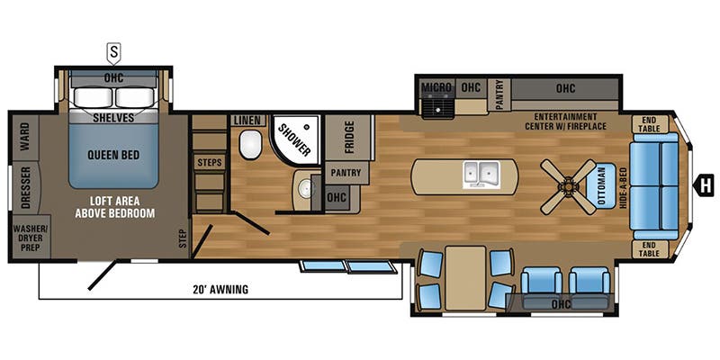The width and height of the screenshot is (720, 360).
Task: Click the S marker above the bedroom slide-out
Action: [113, 53]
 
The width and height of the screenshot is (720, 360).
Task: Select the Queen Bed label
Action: [114, 155]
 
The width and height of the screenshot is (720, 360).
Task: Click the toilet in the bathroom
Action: [250, 144]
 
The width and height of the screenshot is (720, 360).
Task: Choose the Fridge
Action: [348, 138]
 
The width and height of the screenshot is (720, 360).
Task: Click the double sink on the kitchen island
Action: [481, 175]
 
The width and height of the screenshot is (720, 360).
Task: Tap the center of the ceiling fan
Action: [568, 187]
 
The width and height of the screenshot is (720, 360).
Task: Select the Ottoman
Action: [600, 186]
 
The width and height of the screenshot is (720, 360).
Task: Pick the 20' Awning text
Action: [220, 289]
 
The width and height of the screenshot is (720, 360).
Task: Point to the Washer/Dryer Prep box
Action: [31, 238]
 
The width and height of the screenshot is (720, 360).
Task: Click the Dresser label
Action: [26, 187]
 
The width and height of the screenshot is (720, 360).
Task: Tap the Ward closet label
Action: [25, 136]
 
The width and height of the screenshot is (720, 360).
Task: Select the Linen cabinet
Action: [248, 121]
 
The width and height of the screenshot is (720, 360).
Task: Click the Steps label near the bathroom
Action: [210, 162]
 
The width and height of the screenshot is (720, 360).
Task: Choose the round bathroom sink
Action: [306, 187]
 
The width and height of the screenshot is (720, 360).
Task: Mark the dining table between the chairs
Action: [465, 278]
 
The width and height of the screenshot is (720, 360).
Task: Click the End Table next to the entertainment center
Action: [649, 123]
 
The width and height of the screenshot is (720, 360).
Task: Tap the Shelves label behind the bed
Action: [113, 118]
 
